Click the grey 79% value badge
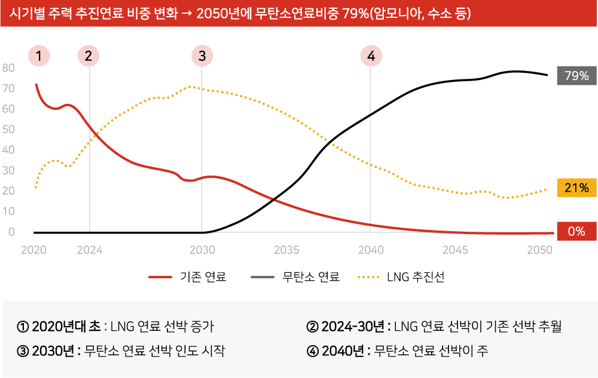(576, 76)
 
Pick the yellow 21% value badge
(576, 188)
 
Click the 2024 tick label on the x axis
(90, 250)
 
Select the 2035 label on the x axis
(286, 250)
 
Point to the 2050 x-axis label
(539, 250)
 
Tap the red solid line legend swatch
(160, 277)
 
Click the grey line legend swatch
(263, 277)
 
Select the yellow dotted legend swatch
(368, 277)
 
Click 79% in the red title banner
(355, 13)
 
